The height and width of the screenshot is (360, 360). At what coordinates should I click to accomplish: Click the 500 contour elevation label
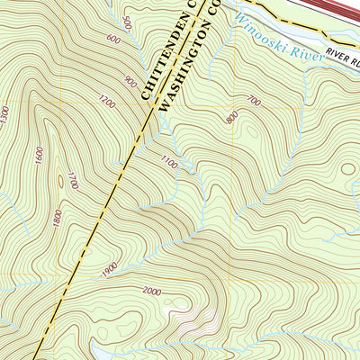pyautogui.click(x=128, y=22)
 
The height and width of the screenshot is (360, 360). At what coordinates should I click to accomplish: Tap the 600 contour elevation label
pyautogui.click(x=113, y=39)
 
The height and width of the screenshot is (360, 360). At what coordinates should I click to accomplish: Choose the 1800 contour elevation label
pyautogui.click(x=57, y=217)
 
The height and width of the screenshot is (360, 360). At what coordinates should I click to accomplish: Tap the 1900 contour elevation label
pyautogui.click(x=109, y=267)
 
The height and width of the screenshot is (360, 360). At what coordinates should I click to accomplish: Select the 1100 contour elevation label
pyautogui.click(x=168, y=161)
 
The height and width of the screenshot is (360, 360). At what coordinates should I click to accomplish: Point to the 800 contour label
pyautogui.click(x=233, y=117)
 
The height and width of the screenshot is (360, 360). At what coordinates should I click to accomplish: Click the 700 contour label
pyautogui.click(x=253, y=103)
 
